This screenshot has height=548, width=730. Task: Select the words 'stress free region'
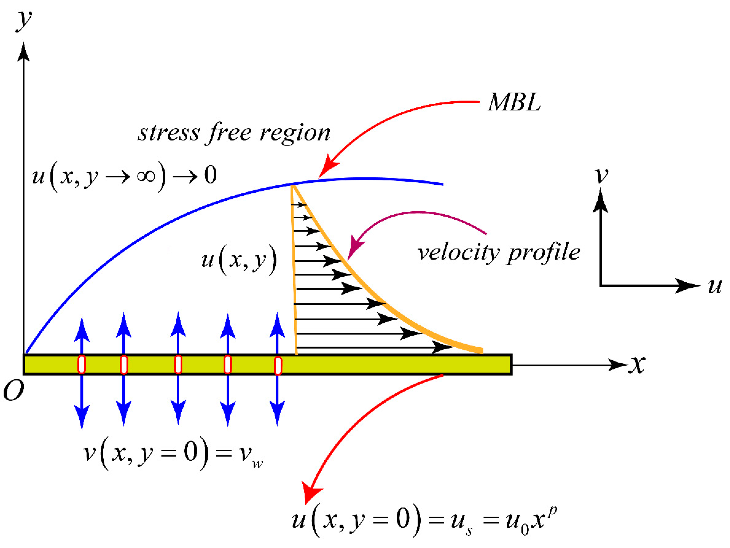[x=234, y=133]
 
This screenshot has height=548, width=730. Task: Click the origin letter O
[x=13, y=391]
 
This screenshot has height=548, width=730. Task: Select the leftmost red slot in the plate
[x=81, y=364]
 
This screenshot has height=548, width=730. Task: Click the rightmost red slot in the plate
[x=278, y=365]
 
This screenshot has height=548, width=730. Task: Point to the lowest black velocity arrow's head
[x=442, y=347]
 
